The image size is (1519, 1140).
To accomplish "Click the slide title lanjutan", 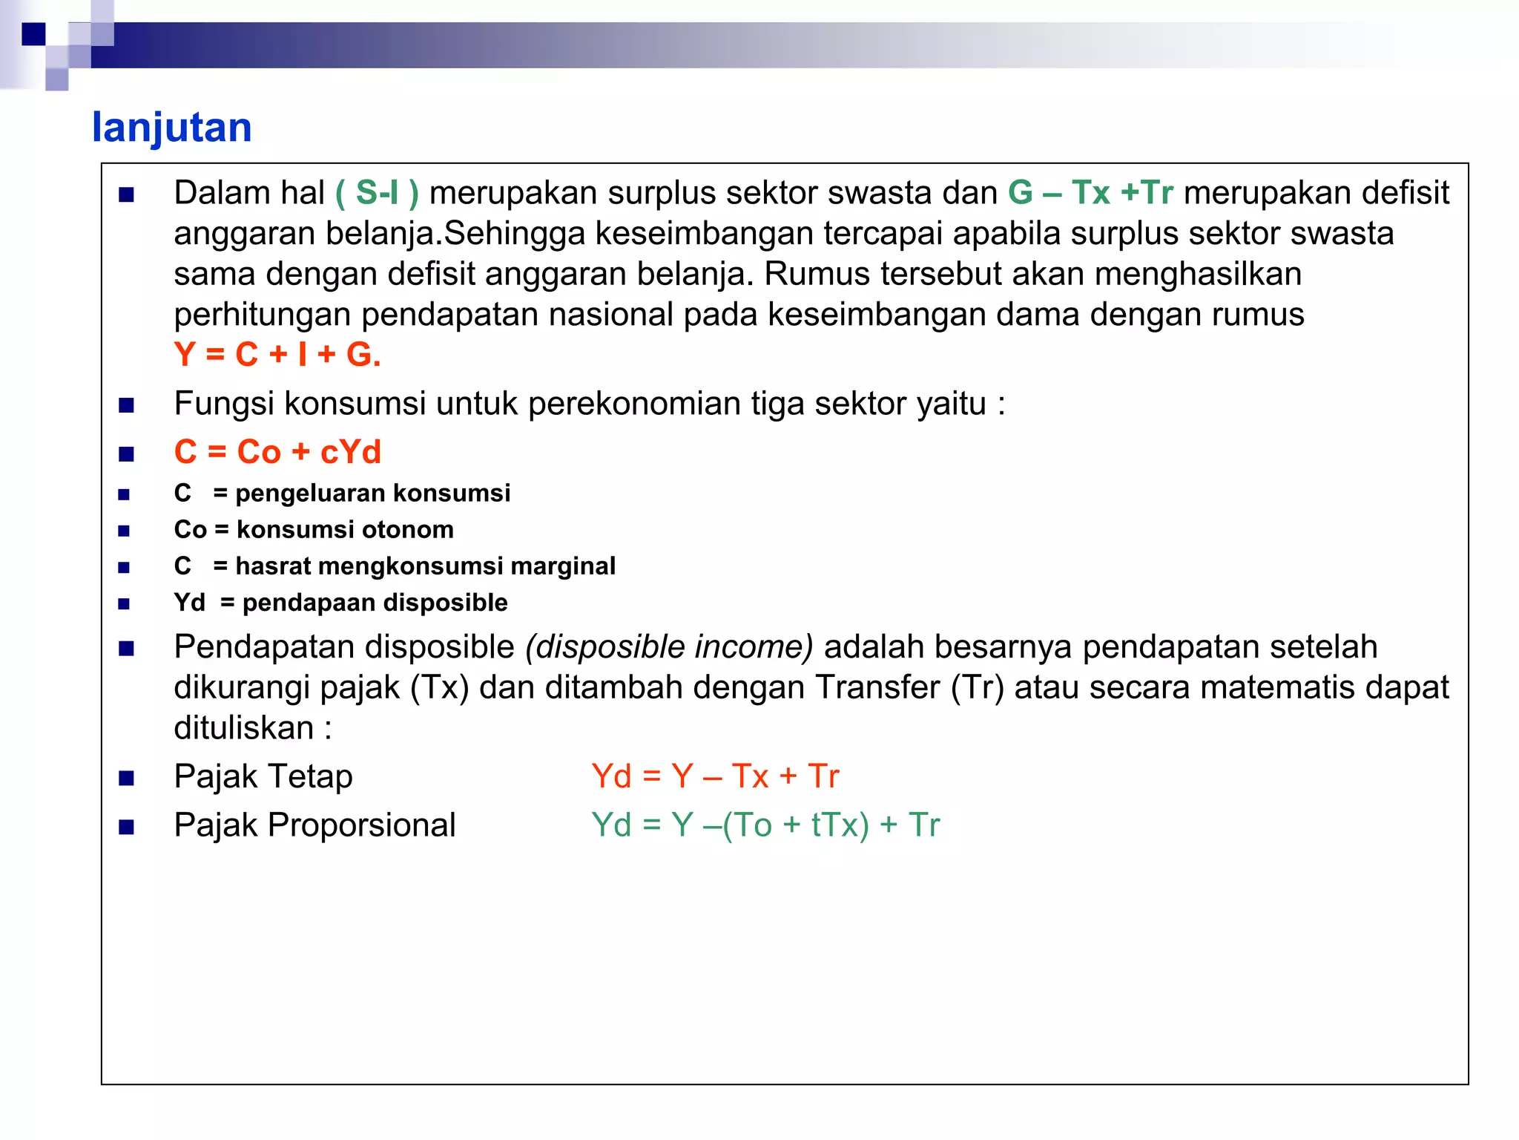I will (172, 128).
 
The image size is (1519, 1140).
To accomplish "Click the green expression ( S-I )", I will (377, 193).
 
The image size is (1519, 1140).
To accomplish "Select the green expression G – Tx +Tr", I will (1090, 193).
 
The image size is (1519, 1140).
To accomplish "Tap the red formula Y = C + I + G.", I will (277, 355).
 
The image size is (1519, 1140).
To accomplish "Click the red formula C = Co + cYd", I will (277, 452).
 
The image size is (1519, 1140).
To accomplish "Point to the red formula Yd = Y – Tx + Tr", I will (715, 776).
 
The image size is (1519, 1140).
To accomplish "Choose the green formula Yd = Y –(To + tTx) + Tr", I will (765, 825).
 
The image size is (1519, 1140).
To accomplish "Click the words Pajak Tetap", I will (263, 776).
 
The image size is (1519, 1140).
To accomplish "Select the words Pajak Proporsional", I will (314, 825).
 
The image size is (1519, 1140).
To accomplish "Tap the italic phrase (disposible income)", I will (669, 647).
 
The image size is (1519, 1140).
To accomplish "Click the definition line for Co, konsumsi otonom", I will (314, 530).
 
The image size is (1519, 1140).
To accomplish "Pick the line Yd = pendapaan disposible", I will (340, 603).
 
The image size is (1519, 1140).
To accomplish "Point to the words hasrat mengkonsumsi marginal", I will (425, 566).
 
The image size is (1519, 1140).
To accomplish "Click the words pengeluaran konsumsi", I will (372, 494).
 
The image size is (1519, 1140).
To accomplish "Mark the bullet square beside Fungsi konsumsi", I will (127, 405).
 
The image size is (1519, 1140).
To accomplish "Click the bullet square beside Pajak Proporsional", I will (127, 827).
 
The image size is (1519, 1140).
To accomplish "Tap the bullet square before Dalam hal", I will (127, 195).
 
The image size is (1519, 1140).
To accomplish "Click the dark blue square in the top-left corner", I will (33, 34).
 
